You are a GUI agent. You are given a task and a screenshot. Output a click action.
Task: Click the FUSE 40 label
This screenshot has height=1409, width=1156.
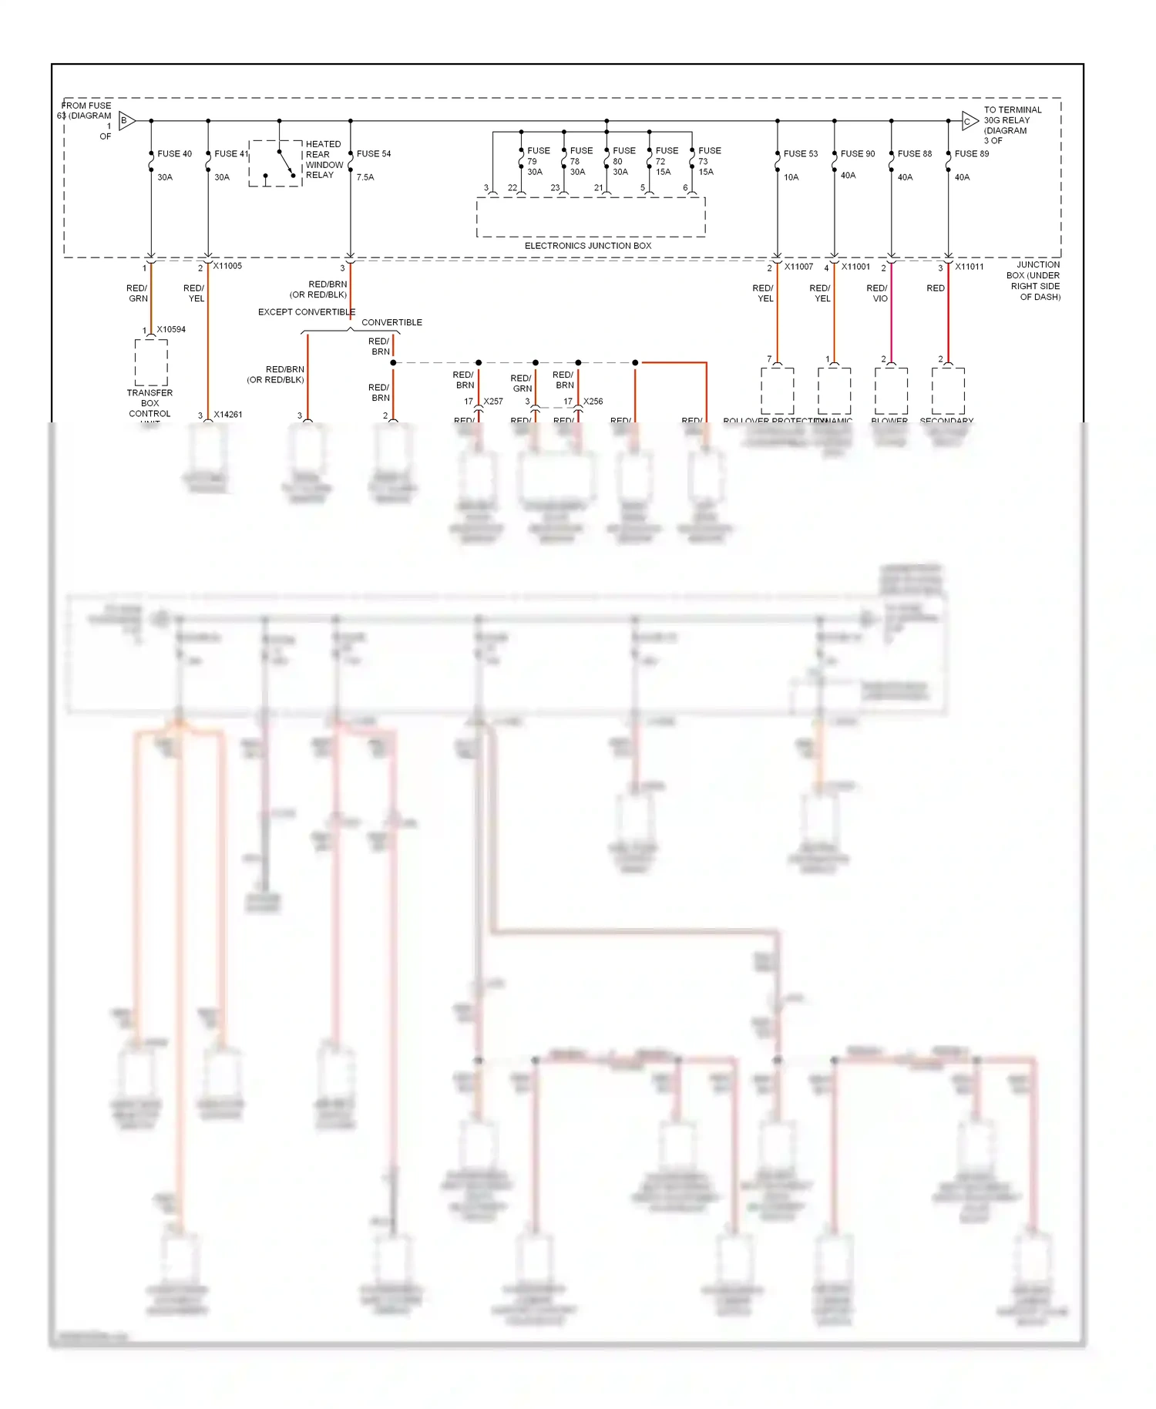tap(174, 154)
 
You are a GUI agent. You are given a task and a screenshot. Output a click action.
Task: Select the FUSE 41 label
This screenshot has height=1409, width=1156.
tap(231, 154)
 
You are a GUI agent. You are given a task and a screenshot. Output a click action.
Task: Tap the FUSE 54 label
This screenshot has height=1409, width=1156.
tap(374, 154)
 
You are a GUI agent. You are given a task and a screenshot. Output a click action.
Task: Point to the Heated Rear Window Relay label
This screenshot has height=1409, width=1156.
tap(324, 160)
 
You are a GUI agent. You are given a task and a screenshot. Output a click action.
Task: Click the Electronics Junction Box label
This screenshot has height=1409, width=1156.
tap(588, 246)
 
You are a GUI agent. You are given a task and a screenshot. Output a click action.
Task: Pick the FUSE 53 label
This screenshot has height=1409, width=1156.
tap(801, 154)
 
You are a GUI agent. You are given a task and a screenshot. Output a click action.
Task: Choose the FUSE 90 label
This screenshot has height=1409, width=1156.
tap(858, 154)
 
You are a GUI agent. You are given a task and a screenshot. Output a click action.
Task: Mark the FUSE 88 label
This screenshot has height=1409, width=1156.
tap(915, 154)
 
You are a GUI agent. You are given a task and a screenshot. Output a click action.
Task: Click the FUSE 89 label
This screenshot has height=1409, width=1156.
tap(972, 154)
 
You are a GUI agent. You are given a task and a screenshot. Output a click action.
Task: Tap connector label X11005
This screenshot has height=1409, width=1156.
tap(227, 267)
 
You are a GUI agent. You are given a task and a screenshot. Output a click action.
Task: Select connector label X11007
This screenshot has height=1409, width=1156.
tap(798, 267)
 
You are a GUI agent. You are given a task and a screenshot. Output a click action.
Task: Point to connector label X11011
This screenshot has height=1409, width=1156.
tap(969, 267)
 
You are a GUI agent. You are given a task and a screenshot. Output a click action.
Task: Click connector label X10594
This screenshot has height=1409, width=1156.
tap(171, 330)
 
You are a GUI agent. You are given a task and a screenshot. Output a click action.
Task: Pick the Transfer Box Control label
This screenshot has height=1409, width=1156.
tap(150, 403)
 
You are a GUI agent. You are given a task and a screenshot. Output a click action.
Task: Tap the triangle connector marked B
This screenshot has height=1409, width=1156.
tap(126, 120)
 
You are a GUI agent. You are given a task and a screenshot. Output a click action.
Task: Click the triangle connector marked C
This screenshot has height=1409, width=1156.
tap(969, 121)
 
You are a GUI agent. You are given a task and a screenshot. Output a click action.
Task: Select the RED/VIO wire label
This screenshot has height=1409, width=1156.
tap(877, 294)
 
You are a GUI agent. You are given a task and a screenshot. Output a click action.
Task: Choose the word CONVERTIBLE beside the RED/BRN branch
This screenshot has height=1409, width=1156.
tap(391, 323)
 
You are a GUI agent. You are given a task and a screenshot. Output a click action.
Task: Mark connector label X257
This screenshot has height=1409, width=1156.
tap(493, 402)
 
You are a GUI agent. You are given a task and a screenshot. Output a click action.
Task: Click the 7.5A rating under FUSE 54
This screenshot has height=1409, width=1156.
tap(365, 177)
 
